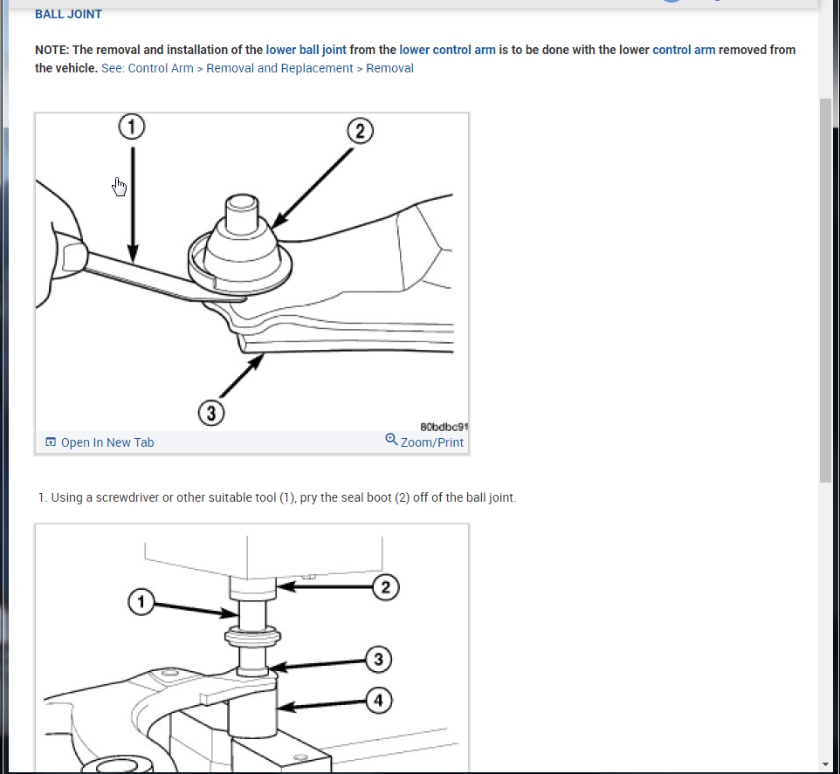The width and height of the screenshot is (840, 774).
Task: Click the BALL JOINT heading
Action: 68,14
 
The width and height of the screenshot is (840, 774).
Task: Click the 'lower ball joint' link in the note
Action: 306,50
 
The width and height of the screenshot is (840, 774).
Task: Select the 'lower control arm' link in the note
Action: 447,50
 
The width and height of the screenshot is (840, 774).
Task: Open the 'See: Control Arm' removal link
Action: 258,68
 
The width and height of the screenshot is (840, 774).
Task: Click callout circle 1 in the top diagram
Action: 132,127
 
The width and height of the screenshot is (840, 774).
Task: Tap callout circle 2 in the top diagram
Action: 359,132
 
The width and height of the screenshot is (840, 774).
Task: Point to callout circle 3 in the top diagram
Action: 211,412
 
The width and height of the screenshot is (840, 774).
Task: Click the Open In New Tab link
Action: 100,442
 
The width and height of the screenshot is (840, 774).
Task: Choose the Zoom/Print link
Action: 424,442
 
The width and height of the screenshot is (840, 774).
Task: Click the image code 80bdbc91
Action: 444,428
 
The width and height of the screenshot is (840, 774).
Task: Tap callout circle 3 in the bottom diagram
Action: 378,659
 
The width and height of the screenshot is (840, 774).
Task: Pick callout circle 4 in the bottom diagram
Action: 378,700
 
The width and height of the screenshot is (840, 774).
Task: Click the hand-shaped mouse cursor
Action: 120,186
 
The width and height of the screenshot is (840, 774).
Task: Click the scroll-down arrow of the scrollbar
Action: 826,764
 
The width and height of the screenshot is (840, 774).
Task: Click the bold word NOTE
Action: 52,50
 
